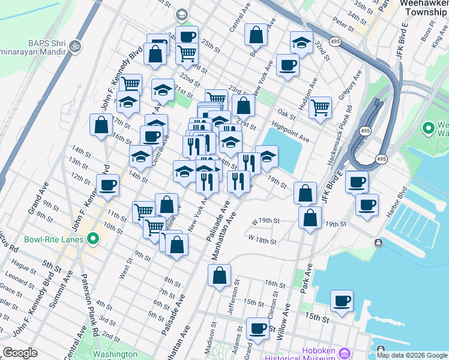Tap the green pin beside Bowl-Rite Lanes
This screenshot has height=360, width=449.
pos(92,240)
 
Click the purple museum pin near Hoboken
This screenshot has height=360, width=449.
pos(344,351)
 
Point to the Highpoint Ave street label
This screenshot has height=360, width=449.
pos(291,133)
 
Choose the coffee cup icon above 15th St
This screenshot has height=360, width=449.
pos(342,301)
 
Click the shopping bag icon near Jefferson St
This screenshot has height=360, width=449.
pos(220,275)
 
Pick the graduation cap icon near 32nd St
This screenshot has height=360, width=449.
pos(301,42)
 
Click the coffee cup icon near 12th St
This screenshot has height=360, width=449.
pos(108,185)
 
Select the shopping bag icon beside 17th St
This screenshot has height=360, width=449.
pos(100,125)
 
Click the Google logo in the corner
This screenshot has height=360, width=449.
pos(20,353)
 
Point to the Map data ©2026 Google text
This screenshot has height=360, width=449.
pos(412,355)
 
